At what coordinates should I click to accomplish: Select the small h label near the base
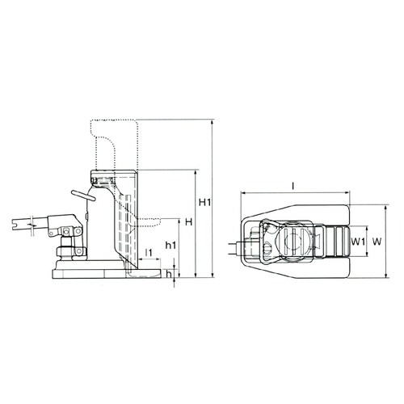168,273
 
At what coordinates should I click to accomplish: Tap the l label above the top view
293,185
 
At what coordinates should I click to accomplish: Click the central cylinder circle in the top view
294,240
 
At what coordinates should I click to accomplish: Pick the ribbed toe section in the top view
331,240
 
